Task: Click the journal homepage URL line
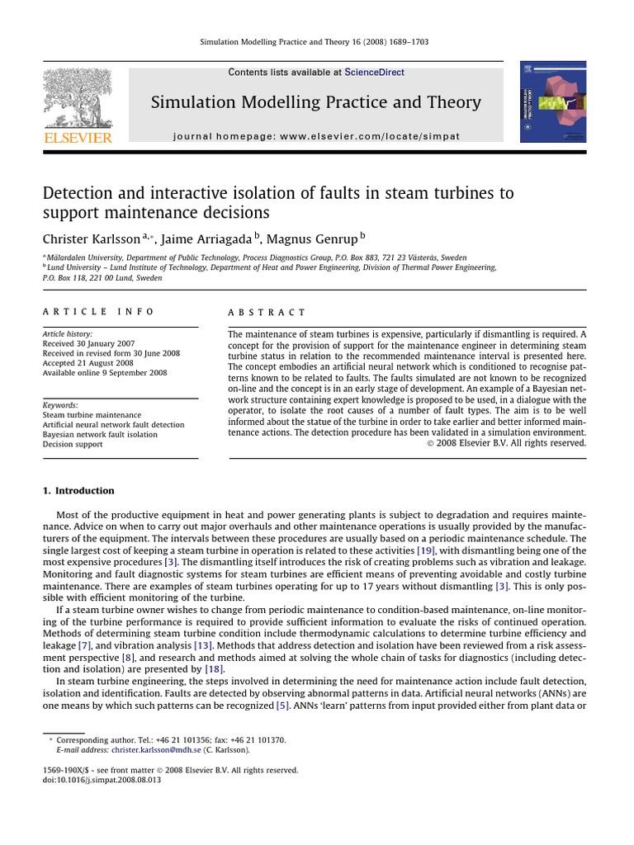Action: [x=317, y=135]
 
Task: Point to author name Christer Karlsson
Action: [x=92, y=238]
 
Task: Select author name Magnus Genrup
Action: [x=315, y=238]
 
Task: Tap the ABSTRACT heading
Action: [x=267, y=313]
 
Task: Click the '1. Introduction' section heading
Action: [x=78, y=491]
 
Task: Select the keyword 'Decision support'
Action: [x=73, y=444]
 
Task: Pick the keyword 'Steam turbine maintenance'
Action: [x=92, y=415]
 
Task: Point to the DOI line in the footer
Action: [x=102, y=780]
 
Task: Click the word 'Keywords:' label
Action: [x=60, y=405]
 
